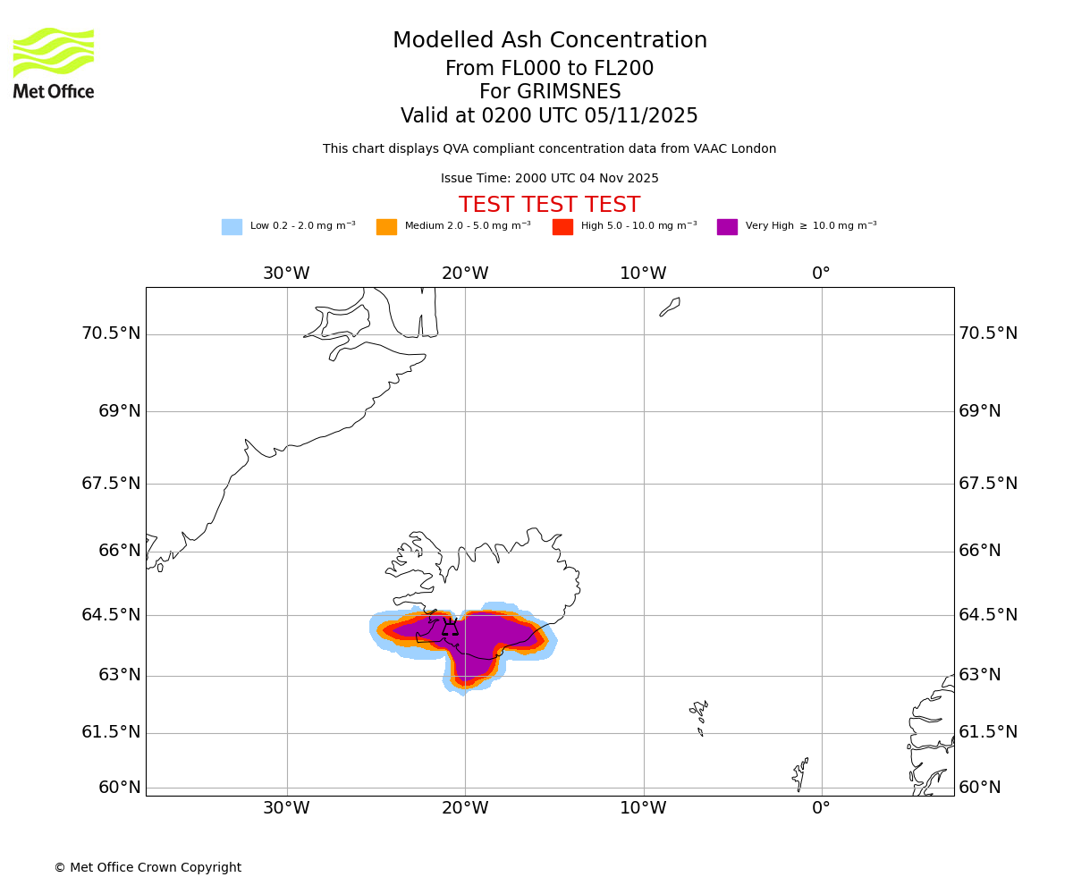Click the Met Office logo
tap(54, 63)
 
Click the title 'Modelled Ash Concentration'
tap(549, 41)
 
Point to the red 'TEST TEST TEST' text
tap(549, 206)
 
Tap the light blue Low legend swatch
tap(232, 227)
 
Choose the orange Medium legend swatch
tap(386, 227)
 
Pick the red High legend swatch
tap(562, 227)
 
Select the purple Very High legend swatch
tap(727, 227)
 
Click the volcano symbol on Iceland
tap(450, 627)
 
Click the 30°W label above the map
tap(286, 274)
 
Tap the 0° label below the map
tap(821, 808)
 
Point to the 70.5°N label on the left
tap(111, 333)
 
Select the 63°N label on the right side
tap(980, 675)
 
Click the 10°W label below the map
tap(643, 808)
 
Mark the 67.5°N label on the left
tap(111, 484)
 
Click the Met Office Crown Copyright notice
tap(148, 867)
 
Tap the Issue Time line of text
tap(549, 179)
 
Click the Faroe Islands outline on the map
tap(699, 714)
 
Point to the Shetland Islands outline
tap(800, 773)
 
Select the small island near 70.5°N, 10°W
tap(670, 307)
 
